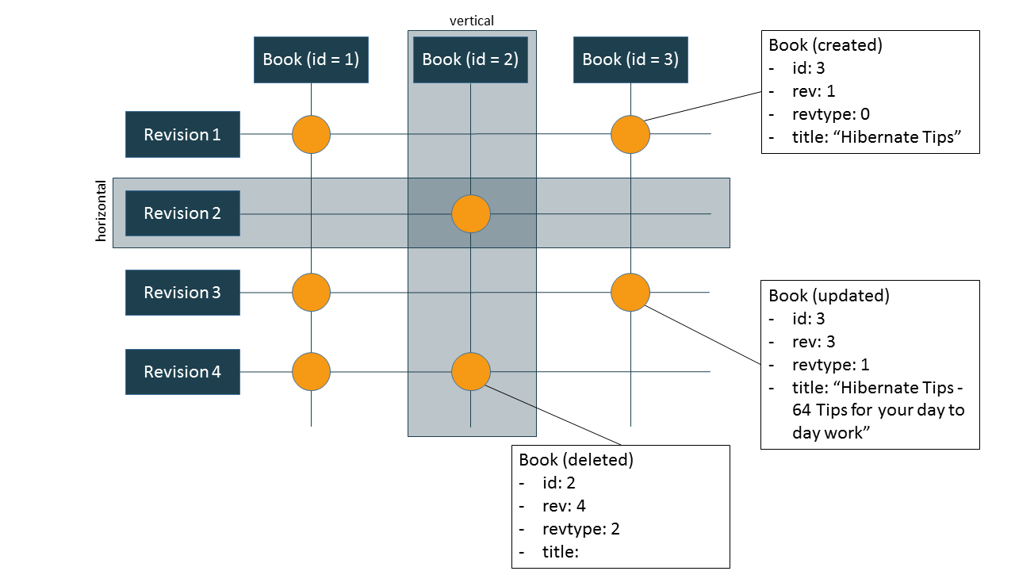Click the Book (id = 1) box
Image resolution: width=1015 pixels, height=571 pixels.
(311, 59)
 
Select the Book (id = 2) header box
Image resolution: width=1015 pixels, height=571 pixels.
(470, 59)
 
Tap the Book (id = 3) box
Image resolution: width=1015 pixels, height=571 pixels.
(630, 59)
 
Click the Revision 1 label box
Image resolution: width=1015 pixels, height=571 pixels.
(182, 135)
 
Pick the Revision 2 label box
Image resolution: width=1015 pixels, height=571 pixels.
(182, 213)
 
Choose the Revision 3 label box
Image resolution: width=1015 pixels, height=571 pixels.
(182, 293)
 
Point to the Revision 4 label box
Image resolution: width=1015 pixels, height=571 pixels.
(182, 372)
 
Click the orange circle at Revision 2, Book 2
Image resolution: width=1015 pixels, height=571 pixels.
(471, 213)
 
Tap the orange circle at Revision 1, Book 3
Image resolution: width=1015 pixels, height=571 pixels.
(630, 134)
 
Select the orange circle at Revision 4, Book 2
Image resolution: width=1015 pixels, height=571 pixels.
(471, 371)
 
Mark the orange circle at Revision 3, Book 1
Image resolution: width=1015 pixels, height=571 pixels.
(311, 293)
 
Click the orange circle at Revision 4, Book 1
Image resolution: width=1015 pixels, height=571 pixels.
(311, 371)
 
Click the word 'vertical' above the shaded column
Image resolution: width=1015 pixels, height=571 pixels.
(472, 21)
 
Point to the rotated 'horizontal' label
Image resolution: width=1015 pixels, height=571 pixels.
(101, 211)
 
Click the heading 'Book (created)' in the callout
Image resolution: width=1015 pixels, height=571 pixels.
(825, 45)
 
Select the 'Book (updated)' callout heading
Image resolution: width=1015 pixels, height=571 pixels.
(829, 296)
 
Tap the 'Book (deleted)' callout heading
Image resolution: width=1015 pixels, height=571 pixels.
(576, 460)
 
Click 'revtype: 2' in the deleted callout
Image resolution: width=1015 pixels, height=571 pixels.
(580, 529)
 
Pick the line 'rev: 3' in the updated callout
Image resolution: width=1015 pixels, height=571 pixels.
(814, 342)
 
